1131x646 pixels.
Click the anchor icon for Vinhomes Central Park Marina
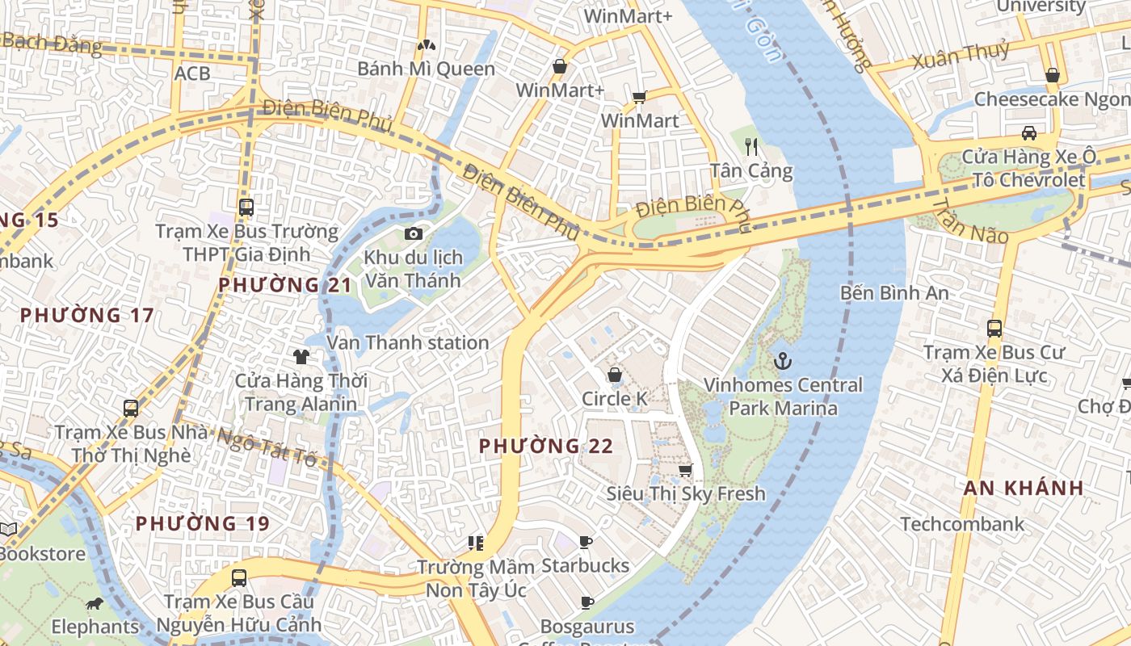781,361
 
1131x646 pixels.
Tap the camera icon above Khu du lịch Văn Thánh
414,234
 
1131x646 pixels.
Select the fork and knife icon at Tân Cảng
751,146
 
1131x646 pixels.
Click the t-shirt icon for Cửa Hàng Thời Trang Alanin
301,356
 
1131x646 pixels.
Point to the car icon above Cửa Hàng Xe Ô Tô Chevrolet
1028,133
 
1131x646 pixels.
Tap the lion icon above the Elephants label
95,603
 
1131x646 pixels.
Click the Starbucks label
585,565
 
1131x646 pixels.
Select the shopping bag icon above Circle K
614,375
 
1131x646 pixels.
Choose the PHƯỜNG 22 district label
546,446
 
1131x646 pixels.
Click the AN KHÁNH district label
1024,488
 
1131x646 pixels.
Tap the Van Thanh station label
408,342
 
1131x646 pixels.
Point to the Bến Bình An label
894,292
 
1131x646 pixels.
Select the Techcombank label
962,524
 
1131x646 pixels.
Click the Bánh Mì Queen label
426,69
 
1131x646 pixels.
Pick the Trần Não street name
969,220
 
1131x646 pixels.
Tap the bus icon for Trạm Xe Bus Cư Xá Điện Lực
994,329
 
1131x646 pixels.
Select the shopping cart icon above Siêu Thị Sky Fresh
685,469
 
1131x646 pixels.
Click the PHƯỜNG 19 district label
202,523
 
